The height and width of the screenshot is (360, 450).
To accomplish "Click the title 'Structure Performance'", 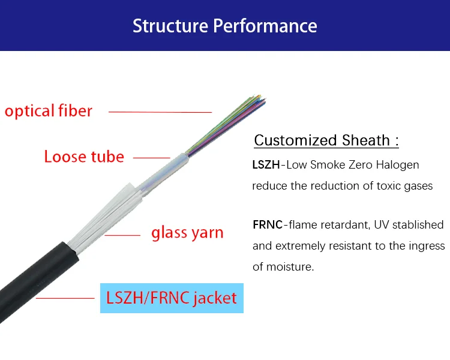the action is [x=224, y=26].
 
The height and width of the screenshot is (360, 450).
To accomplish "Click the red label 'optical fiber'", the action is [x=49, y=111].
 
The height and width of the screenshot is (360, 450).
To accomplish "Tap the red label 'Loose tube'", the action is [x=84, y=157].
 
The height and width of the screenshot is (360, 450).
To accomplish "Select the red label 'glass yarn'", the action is [x=187, y=233].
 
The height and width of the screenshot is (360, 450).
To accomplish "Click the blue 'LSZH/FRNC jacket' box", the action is [x=172, y=298].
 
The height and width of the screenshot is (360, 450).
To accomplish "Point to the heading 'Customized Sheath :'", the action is [x=326, y=140].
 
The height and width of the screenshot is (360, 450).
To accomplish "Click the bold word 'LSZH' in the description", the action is [x=266, y=164].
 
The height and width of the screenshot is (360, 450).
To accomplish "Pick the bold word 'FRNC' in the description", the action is [x=267, y=225].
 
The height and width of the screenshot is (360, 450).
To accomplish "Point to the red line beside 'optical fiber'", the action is [x=160, y=112].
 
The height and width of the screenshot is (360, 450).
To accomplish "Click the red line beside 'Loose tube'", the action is [x=151, y=158].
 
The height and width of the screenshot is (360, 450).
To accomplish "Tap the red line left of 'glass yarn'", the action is [x=122, y=235].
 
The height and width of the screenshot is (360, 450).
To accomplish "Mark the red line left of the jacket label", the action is [x=66, y=298].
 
